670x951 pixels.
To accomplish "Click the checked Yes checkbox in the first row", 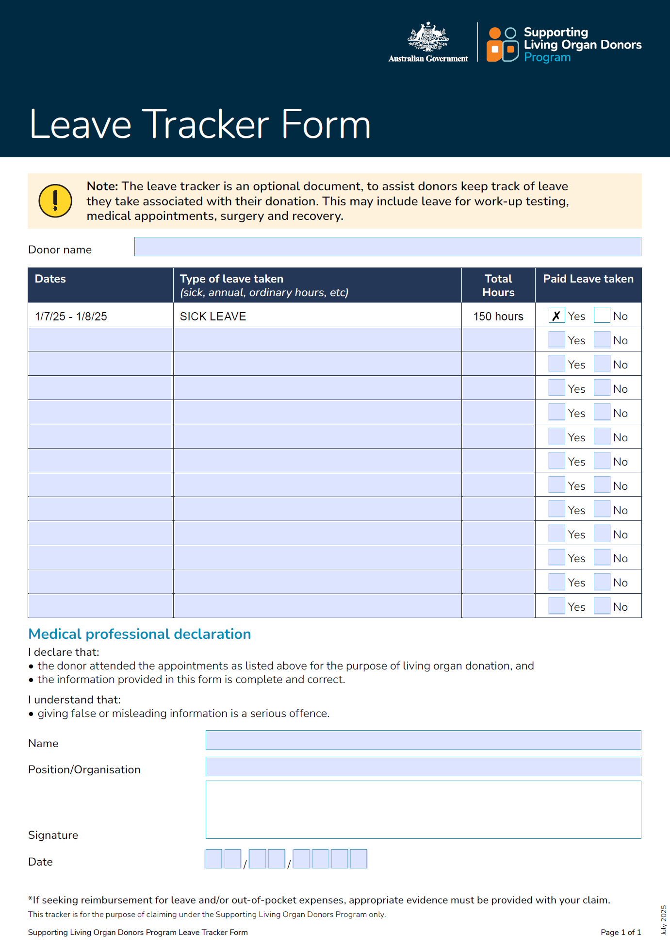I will pyautogui.click(x=556, y=316).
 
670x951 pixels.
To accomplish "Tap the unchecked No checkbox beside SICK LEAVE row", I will pyautogui.click(x=602, y=316).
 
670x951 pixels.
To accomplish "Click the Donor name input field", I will pyautogui.click(x=387, y=247).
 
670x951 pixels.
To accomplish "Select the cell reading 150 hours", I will pyautogui.click(x=498, y=317).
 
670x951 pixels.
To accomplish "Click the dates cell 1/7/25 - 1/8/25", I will pyautogui.click(x=71, y=317).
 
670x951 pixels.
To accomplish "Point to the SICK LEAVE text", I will pyautogui.click(x=213, y=317).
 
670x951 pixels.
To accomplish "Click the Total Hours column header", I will pyautogui.click(x=498, y=285).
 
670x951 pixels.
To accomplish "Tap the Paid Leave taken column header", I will pyautogui.click(x=588, y=279).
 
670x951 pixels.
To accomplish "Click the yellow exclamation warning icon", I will pyautogui.click(x=55, y=200).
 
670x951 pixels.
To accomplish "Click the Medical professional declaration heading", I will pyautogui.click(x=140, y=634).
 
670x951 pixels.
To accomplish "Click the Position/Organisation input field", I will pyautogui.click(x=423, y=767).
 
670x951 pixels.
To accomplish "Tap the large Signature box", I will pyautogui.click(x=423, y=809).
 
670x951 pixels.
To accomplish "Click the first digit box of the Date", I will pyautogui.click(x=213, y=859).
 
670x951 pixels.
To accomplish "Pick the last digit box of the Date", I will pyautogui.click(x=359, y=859).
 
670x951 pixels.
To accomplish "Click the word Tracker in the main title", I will pyautogui.click(x=208, y=125).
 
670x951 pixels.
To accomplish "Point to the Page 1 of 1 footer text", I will pyautogui.click(x=621, y=932).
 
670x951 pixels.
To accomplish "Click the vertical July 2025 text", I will pyautogui.click(x=663, y=920).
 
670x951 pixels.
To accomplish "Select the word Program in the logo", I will pyautogui.click(x=547, y=57).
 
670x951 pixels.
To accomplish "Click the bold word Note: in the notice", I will pyautogui.click(x=102, y=186).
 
